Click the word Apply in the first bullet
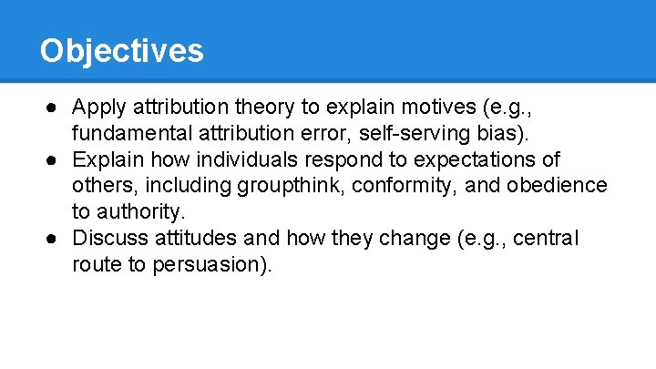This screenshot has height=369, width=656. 98,108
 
